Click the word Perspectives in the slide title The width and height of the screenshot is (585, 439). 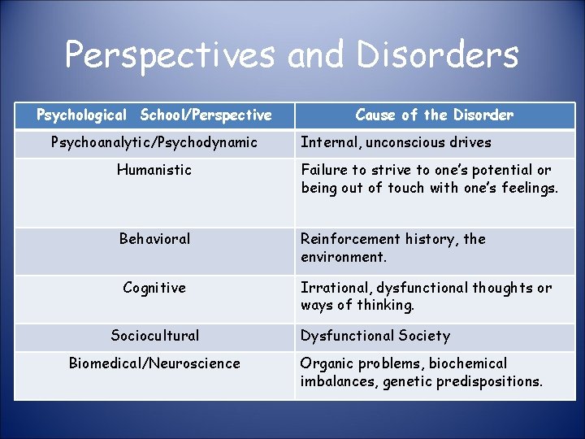point(171,55)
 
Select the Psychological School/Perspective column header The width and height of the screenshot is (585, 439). point(154,115)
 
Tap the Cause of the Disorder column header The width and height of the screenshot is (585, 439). point(434,115)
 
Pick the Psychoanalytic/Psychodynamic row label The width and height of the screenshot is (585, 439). point(154,142)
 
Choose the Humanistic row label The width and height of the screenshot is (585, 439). point(154,170)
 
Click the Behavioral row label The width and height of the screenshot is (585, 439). point(154,239)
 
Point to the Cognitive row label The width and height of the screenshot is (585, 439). point(154,288)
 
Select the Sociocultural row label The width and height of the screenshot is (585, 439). point(154,336)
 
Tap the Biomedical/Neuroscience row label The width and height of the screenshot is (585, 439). point(154,363)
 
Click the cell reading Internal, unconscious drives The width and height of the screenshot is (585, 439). point(396,142)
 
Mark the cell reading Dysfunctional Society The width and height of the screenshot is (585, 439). point(375,336)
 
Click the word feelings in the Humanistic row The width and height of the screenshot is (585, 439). point(529,189)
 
